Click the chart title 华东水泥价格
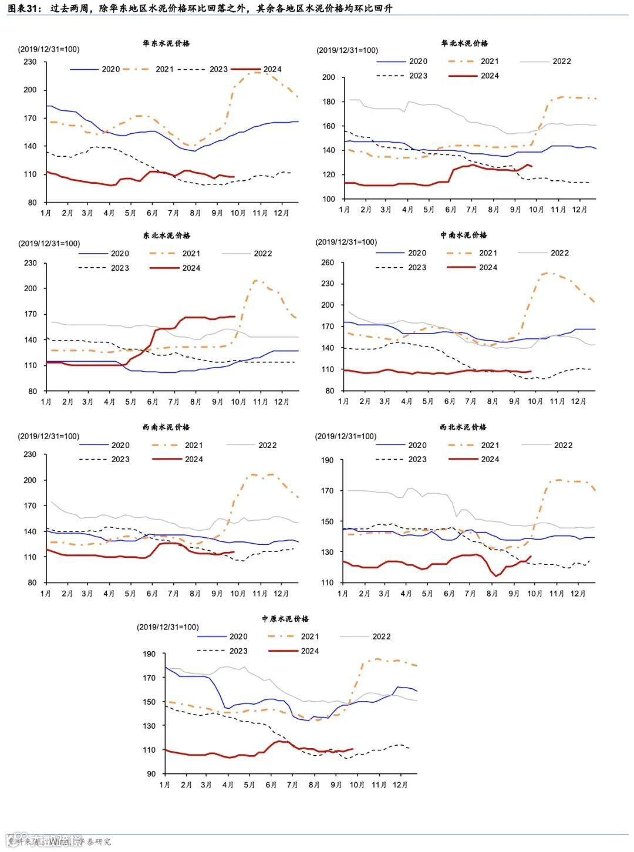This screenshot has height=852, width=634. (x=166, y=43)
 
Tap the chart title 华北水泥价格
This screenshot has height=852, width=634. (x=464, y=43)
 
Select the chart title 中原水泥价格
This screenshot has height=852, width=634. (x=285, y=619)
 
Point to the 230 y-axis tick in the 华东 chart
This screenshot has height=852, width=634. (x=30, y=62)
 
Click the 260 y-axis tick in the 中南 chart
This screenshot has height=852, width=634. (x=328, y=262)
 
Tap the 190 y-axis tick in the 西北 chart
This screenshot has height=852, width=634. (x=328, y=460)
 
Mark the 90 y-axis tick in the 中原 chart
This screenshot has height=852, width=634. (x=151, y=774)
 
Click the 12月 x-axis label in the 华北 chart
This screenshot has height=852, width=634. (x=579, y=210)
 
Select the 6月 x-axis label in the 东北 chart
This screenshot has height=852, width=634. (x=153, y=402)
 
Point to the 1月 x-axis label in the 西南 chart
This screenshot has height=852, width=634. (x=46, y=594)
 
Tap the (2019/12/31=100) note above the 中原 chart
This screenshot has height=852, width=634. (x=168, y=627)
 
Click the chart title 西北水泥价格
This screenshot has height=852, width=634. (x=463, y=427)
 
